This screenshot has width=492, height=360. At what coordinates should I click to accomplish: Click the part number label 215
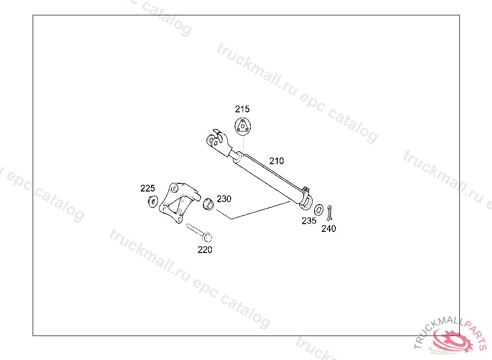pyautogui.click(x=242, y=109)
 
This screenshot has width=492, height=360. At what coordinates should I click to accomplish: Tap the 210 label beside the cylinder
pyautogui.click(x=276, y=161)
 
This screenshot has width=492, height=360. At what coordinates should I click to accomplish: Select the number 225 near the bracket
pyautogui.click(x=148, y=188)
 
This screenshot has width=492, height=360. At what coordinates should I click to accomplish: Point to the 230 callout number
pyautogui.click(x=224, y=199)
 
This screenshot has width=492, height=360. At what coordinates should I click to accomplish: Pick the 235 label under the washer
pyautogui.click(x=309, y=221)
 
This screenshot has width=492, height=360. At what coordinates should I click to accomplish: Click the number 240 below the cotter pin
pyautogui.click(x=329, y=229)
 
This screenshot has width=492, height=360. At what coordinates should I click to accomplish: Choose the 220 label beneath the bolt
pyautogui.click(x=205, y=250)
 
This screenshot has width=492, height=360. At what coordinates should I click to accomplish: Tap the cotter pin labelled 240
pyautogui.click(x=330, y=212)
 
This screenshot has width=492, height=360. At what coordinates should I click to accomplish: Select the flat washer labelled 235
pyautogui.click(x=319, y=209)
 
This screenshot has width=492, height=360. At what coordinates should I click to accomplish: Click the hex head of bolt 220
pyautogui.click(x=207, y=237)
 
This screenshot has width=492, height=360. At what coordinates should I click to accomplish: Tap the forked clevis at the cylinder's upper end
pyautogui.click(x=218, y=142)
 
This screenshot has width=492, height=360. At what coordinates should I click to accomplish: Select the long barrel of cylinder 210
pyautogui.click(x=269, y=175)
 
